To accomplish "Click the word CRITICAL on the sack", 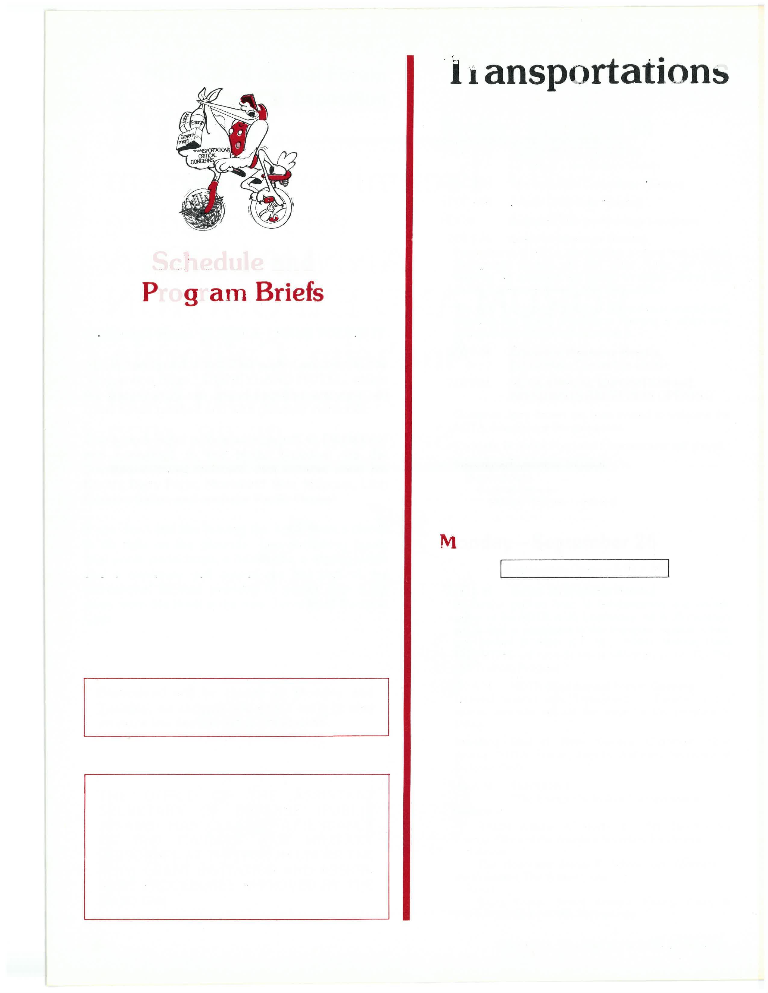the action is [209, 156].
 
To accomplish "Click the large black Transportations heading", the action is [589, 73].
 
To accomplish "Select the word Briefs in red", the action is [289, 293].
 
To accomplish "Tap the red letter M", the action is [448, 543].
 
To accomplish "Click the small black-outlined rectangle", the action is [584, 568].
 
